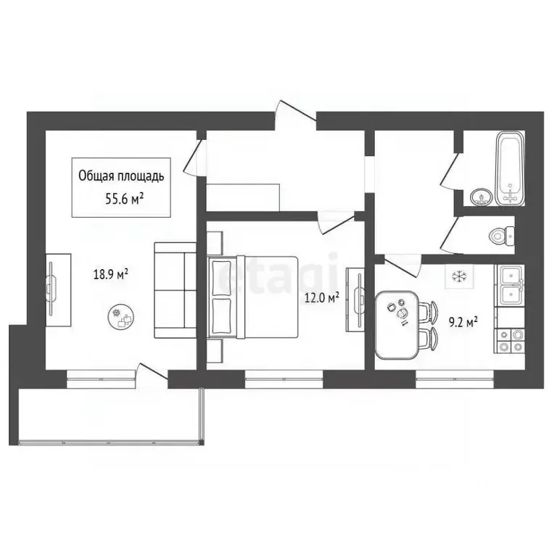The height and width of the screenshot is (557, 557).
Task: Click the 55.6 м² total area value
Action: (122, 199)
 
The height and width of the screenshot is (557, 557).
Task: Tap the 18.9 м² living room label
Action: (110, 274)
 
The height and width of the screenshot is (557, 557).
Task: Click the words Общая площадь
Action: (122, 176)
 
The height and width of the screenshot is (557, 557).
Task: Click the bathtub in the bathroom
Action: (511, 168)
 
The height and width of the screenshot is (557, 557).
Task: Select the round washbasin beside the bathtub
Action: (479, 197)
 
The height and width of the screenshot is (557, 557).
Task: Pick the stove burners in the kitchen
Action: (511, 340)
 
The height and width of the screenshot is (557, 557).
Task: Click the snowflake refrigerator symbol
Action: (458, 276)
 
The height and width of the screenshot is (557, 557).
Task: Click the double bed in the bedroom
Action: (254, 295)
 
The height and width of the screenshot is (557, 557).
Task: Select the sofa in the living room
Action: (175, 291)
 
